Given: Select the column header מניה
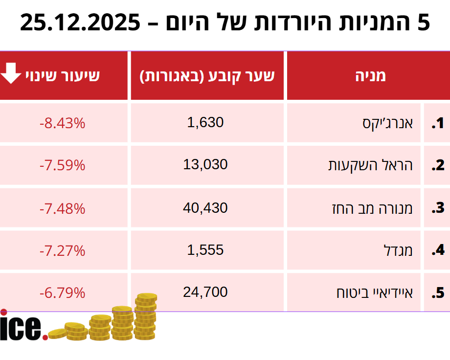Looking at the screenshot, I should click(x=370, y=75).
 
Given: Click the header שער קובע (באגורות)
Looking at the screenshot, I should click(x=207, y=76).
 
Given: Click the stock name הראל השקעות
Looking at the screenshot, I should click(x=370, y=165).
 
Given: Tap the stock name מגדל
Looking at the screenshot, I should click(x=403, y=250).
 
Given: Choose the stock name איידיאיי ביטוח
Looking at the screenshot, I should click(x=374, y=293).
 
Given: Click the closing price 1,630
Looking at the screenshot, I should click(x=205, y=122).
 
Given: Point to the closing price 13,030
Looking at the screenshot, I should click(x=205, y=165).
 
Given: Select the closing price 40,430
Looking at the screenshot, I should click(x=205, y=208).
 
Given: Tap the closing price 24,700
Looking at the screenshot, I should click(x=205, y=292).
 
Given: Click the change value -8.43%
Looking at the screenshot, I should click(x=63, y=123).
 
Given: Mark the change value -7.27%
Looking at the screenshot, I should click(x=63, y=251).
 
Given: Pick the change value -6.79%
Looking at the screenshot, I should click(x=63, y=293).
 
